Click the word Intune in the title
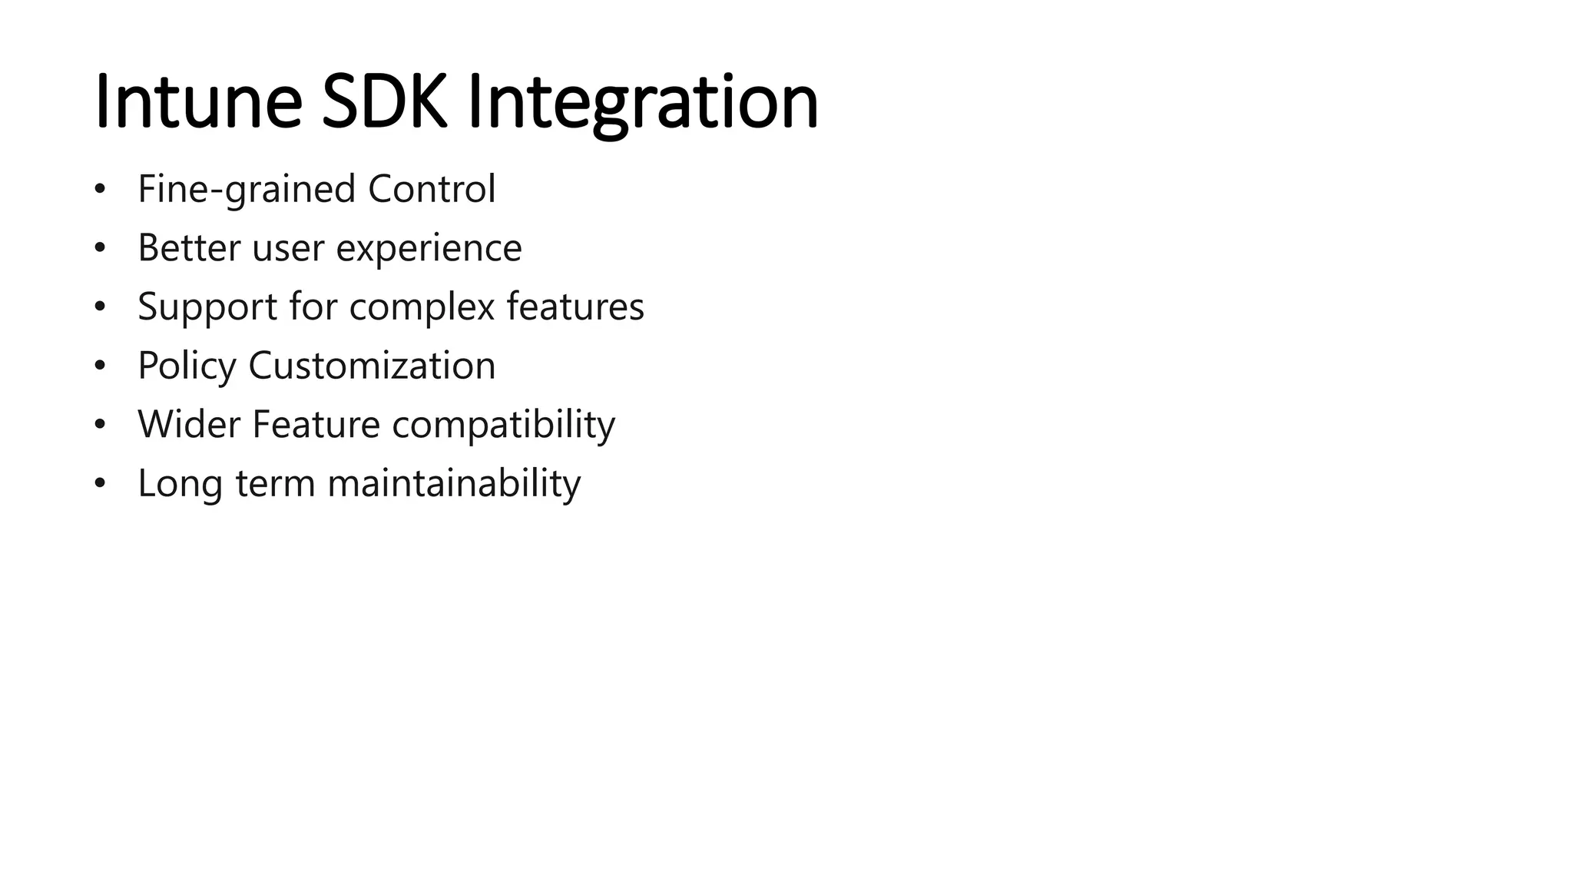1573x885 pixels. tap(198, 102)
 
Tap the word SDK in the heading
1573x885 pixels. tap(383, 102)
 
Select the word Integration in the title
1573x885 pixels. tap(643, 102)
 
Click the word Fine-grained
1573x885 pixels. tap(247, 189)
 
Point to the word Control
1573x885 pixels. tap(432, 189)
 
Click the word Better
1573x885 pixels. tap(189, 248)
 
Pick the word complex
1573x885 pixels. tap(422, 307)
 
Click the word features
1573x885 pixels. tap(575, 307)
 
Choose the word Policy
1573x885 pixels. tap(187, 366)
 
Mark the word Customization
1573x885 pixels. tap(372, 366)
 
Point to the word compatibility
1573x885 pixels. tap(504, 424)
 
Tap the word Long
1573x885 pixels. tap(180, 483)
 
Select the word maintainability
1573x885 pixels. tap(454, 483)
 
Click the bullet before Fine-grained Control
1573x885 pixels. tap(100, 190)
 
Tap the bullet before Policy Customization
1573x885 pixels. tap(100, 366)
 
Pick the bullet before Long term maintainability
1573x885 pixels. tap(100, 484)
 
